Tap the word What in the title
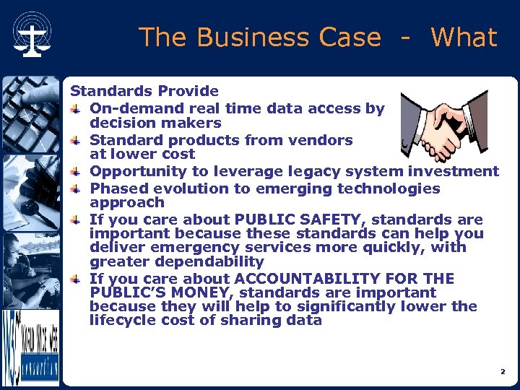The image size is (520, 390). [464, 38]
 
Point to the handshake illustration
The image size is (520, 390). [443, 125]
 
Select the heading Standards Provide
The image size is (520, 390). [144, 91]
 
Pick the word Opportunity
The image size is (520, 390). [134, 171]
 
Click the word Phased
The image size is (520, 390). [115, 188]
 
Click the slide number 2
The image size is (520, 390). [502, 372]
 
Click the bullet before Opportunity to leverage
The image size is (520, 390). [76, 172]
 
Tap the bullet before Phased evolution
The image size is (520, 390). [76, 189]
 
